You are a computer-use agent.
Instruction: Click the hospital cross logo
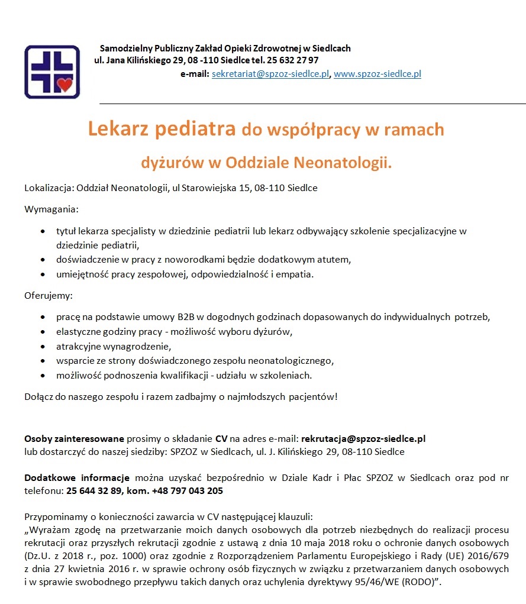[x=51, y=72]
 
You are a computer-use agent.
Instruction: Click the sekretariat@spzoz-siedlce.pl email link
[x=270, y=74]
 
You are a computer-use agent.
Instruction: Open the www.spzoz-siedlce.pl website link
[x=377, y=74]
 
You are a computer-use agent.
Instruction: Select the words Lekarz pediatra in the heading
[x=162, y=129]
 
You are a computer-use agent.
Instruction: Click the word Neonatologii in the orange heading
[x=342, y=162]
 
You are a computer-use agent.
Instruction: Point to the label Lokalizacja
[x=47, y=188]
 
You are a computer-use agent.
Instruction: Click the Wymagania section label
[x=51, y=209]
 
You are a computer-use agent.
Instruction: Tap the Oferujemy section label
[x=48, y=295]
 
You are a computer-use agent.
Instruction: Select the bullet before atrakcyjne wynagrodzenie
[x=43, y=346]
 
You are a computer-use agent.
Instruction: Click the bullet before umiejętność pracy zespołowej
[x=43, y=274]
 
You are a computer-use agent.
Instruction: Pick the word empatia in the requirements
[x=298, y=274]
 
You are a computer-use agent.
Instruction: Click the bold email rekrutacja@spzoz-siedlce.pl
[x=363, y=439]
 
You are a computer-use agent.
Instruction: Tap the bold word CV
[x=221, y=439]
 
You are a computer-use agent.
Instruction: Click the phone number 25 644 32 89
[x=94, y=490]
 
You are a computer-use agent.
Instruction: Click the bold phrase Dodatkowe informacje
[x=77, y=478]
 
